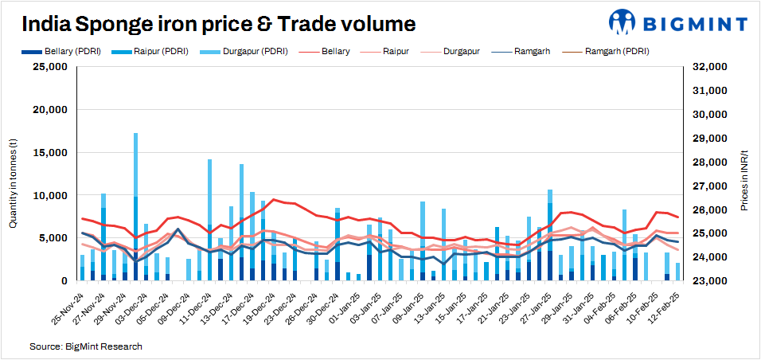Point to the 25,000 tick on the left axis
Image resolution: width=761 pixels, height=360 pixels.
[x=50, y=67]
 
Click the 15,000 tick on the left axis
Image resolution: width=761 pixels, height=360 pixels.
[x=50, y=152]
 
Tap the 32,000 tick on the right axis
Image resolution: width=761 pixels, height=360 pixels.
[x=707, y=67]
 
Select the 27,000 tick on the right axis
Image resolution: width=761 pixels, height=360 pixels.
[x=707, y=186]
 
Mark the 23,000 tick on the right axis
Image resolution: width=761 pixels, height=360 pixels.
[x=707, y=281]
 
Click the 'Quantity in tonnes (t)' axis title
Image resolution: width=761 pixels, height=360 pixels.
[x=13, y=182]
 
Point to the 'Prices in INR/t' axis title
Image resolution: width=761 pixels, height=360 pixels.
[x=743, y=179]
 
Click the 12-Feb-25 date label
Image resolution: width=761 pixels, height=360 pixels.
[x=663, y=307]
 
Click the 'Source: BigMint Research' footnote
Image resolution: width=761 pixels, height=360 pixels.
[x=86, y=347]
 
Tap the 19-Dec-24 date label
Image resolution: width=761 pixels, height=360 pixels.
[x=258, y=307]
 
